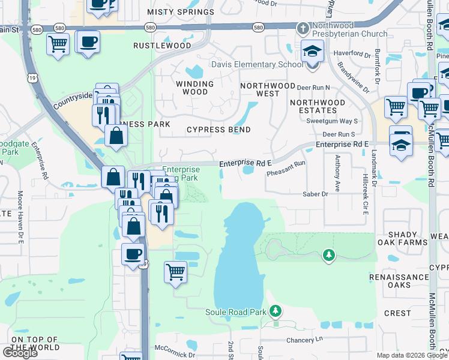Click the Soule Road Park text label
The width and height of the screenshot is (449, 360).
click(x=235, y=312)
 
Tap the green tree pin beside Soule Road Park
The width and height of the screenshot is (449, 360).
click(x=276, y=311)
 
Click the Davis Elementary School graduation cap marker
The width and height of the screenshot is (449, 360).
click(x=312, y=52)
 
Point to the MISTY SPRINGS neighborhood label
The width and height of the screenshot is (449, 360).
click(x=181, y=12)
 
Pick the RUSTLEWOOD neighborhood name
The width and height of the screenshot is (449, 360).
click(x=162, y=46)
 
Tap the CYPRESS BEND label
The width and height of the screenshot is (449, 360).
click(x=218, y=130)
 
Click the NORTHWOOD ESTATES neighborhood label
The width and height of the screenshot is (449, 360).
click(x=317, y=106)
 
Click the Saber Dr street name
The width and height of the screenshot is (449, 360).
click(x=315, y=194)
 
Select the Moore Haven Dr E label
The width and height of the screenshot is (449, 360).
click(x=20, y=209)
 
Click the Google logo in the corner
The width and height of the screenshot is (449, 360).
click(x=20, y=352)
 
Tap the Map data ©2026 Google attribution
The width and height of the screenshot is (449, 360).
click(x=412, y=355)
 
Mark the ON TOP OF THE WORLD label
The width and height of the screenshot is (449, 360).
click(x=35, y=343)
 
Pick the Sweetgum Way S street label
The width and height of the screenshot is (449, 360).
click(x=340, y=121)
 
